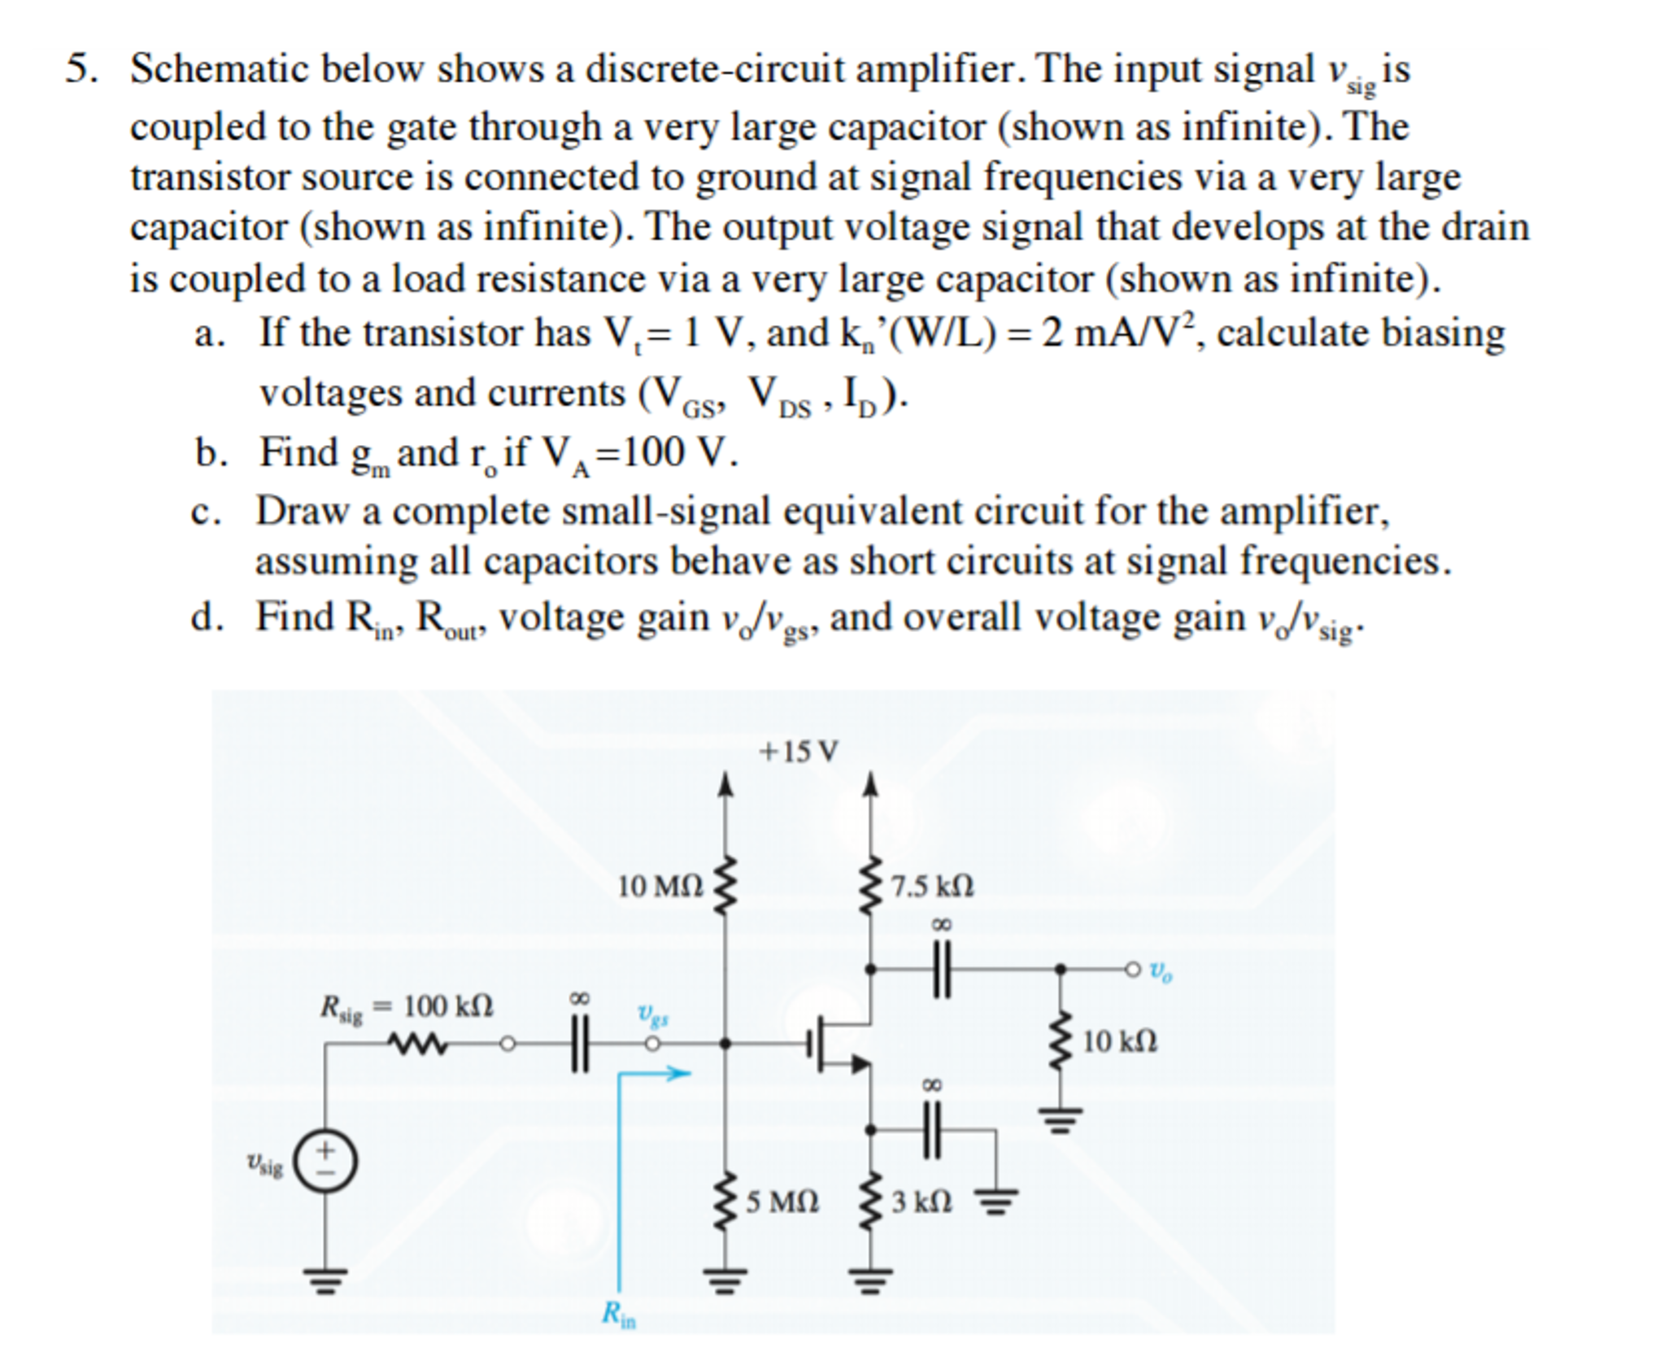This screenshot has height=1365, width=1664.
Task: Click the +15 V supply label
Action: pyautogui.click(x=797, y=752)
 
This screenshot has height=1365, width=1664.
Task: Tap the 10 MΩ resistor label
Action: pyautogui.click(x=660, y=886)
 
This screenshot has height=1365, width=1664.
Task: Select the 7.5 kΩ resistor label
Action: pyautogui.click(x=932, y=886)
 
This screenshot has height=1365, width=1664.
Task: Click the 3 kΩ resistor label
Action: pyautogui.click(x=921, y=1201)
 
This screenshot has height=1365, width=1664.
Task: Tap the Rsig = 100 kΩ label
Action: pyautogui.click(x=407, y=1008)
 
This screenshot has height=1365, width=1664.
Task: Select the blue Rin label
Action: pyautogui.click(x=618, y=1314)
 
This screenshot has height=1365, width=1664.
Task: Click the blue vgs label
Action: pyautogui.click(x=653, y=1014)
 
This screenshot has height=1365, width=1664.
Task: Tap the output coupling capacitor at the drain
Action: pyautogui.click(x=942, y=969)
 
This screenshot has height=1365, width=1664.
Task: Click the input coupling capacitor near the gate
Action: pyautogui.click(x=578, y=1043)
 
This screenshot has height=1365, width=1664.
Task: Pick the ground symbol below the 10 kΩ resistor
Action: pyautogui.click(x=1060, y=1120)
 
